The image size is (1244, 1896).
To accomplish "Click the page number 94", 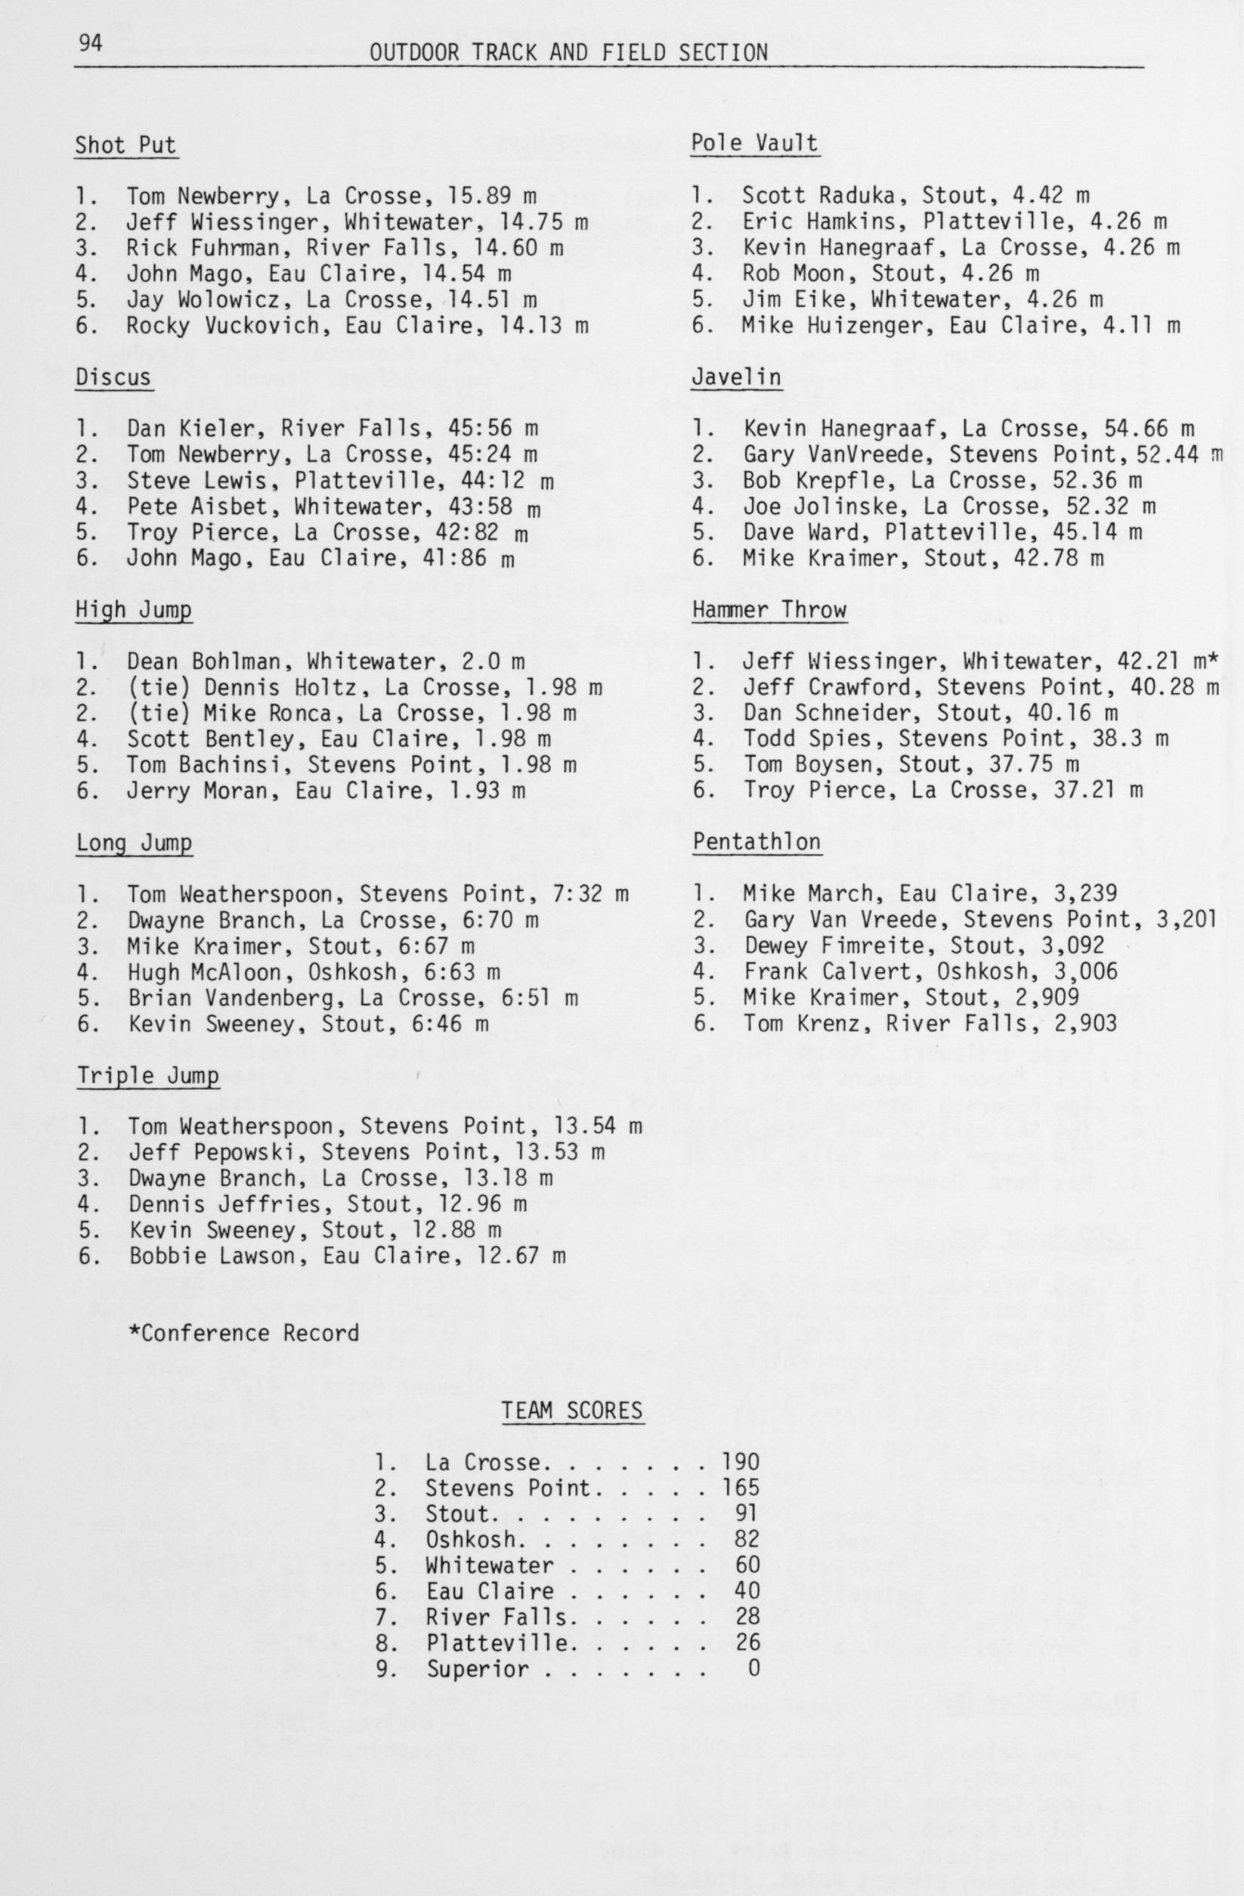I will pyautogui.click(x=90, y=44).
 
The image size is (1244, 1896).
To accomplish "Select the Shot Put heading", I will pyautogui.click(x=125, y=146).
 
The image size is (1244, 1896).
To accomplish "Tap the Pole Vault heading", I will pyautogui.click(x=754, y=144).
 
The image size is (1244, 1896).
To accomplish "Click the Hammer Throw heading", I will pyautogui.click(x=769, y=610).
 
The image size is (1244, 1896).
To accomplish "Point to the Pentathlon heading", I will pyautogui.click(x=756, y=842).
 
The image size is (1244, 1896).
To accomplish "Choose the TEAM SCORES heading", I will pyautogui.click(x=571, y=1411).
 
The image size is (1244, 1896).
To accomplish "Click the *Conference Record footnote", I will pyautogui.click(x=243, y=1334).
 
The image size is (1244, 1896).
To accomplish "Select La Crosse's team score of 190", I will pyautogui.click(x=740, y=1463).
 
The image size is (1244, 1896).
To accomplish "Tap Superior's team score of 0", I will pyautogui.click(x=753, y=1668).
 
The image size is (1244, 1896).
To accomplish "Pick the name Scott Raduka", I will pyautogui.click(x=825, y=196).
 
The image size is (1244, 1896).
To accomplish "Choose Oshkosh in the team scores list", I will pyautogui.click(x=470, y=1540).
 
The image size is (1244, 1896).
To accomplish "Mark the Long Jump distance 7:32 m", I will pyautogui.click(x=586, y=894).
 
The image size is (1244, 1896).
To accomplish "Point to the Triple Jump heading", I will pyautogui.click(x=147, y=1077).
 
